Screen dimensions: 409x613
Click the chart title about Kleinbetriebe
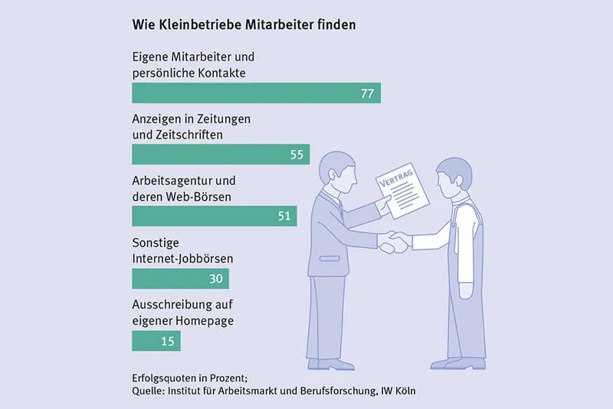click(x=244, y=25)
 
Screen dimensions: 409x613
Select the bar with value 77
click(x=256, y=93)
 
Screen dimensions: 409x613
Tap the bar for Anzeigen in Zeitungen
click(x=221, y=155)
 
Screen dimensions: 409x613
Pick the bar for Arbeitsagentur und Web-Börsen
click(x=214, y=216)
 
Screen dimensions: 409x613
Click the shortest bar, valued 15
click(x=156, y=341)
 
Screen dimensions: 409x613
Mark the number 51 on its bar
click(x=284, y=216)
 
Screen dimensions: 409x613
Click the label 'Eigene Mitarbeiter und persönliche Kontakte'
click(x=193, y=65)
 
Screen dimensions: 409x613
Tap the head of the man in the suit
click(x=333, y=168)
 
